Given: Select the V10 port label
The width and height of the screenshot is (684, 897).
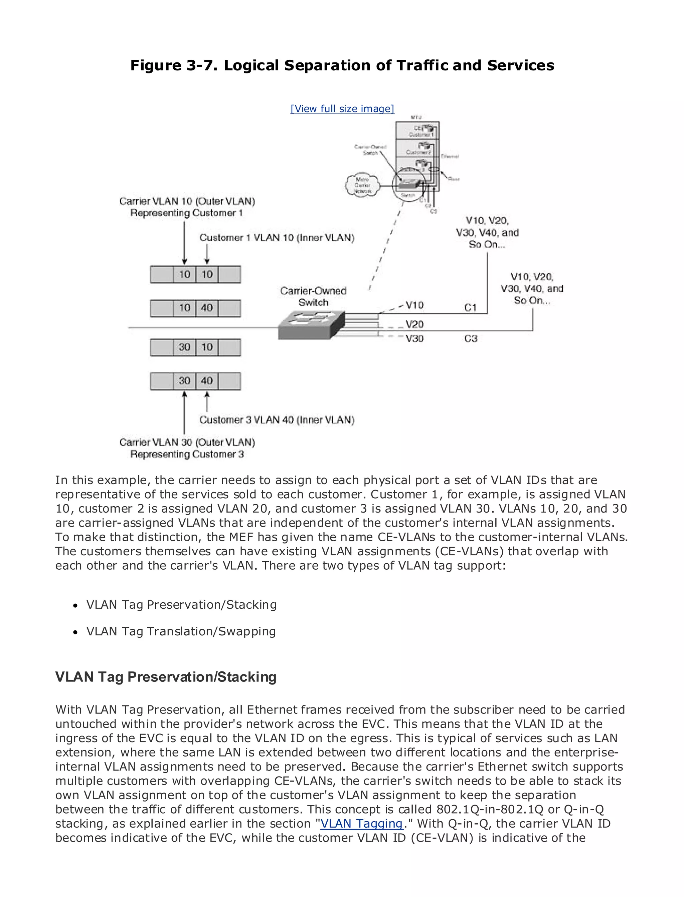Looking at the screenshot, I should point(414,305).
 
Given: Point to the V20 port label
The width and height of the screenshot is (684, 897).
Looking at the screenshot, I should point(414,324).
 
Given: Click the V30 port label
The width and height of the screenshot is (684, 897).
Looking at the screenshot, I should point(414,338).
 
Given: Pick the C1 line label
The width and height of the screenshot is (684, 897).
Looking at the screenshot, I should point(470,308).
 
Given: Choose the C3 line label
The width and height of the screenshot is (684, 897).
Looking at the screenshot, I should point(471,338).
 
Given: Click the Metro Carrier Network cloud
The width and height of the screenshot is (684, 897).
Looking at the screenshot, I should point(362,185).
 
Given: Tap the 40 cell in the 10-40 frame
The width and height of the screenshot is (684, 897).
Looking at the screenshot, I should point(207,308).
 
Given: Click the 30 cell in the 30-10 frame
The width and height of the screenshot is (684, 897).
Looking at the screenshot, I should point(184,347).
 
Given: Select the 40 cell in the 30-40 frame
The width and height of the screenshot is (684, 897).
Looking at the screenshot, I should point(207,381).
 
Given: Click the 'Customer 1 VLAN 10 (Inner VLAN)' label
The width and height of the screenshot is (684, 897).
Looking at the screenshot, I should point(277,238).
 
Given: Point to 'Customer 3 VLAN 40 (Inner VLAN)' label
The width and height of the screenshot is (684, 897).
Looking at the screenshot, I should point(277,420).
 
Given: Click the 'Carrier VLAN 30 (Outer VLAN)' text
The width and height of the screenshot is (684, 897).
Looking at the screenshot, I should point(187,442).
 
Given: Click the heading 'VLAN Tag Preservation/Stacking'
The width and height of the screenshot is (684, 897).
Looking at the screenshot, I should point(166,677).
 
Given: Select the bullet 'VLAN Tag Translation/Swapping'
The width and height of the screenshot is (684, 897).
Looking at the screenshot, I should point(181,631).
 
